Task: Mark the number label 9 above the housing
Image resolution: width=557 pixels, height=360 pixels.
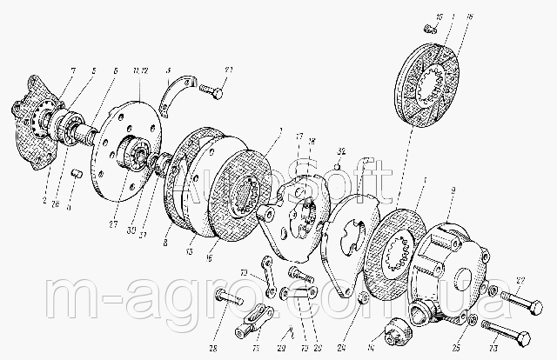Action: coord(451,190)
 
